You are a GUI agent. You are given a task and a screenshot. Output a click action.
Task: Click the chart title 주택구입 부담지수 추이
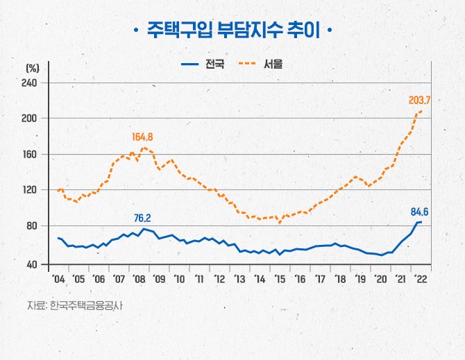(x=232, y=32)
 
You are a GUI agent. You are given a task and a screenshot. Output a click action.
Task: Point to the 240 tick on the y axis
(x=30, y=83)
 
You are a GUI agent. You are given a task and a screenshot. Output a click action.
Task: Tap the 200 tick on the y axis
(x=30, y=119)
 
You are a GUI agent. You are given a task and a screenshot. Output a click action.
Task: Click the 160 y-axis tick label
(x=30, y=154)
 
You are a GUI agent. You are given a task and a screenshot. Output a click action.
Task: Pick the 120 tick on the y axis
(x=30, y=189)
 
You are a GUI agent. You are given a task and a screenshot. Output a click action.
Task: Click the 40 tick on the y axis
(x=32, y=264)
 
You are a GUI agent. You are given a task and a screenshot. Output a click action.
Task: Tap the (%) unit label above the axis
(x=32, y=68)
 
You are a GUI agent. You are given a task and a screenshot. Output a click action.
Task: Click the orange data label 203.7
(x=420, y=100)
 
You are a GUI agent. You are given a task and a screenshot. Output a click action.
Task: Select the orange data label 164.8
(x=142, y=136)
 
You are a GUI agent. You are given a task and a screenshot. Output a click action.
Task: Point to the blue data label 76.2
(x=142, y=218)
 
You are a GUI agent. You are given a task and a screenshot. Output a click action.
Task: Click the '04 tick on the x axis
(x=58, y=279)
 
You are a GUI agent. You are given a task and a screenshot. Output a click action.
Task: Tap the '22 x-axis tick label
(x=421, y=279)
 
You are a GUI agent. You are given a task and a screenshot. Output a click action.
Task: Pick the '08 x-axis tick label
(x=138, y=279)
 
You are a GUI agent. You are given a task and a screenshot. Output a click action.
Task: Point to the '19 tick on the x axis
(x=360, y=279)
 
